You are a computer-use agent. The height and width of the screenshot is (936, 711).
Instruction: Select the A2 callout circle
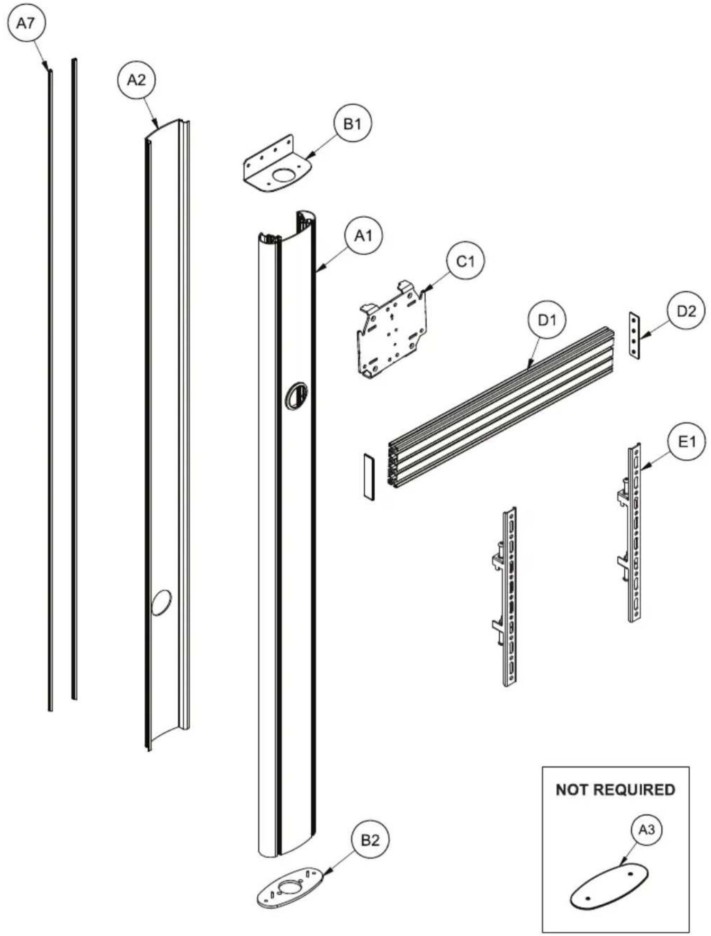click(137, 80)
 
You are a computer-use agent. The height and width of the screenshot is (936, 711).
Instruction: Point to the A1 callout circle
click(363, 235)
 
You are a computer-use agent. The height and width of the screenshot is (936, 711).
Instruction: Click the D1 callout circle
click(547, 319)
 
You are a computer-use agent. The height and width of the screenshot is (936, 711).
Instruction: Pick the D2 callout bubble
click(687, 311)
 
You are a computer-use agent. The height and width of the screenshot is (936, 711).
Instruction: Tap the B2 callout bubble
click(370, 840)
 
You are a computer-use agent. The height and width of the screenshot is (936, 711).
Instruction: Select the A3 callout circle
click(646, 830)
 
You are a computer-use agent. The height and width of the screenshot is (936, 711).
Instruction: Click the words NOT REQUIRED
click(616, 790)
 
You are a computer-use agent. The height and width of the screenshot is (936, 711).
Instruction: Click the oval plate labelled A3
click(609, 885)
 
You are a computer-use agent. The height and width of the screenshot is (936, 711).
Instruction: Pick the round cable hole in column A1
click(297, 395)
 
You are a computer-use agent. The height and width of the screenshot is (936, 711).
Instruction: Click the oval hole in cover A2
click(161, 603)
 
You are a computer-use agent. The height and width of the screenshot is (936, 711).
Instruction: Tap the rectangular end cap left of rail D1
click(369, 476)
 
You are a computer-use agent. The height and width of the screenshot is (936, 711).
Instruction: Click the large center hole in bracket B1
click(284, 176)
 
